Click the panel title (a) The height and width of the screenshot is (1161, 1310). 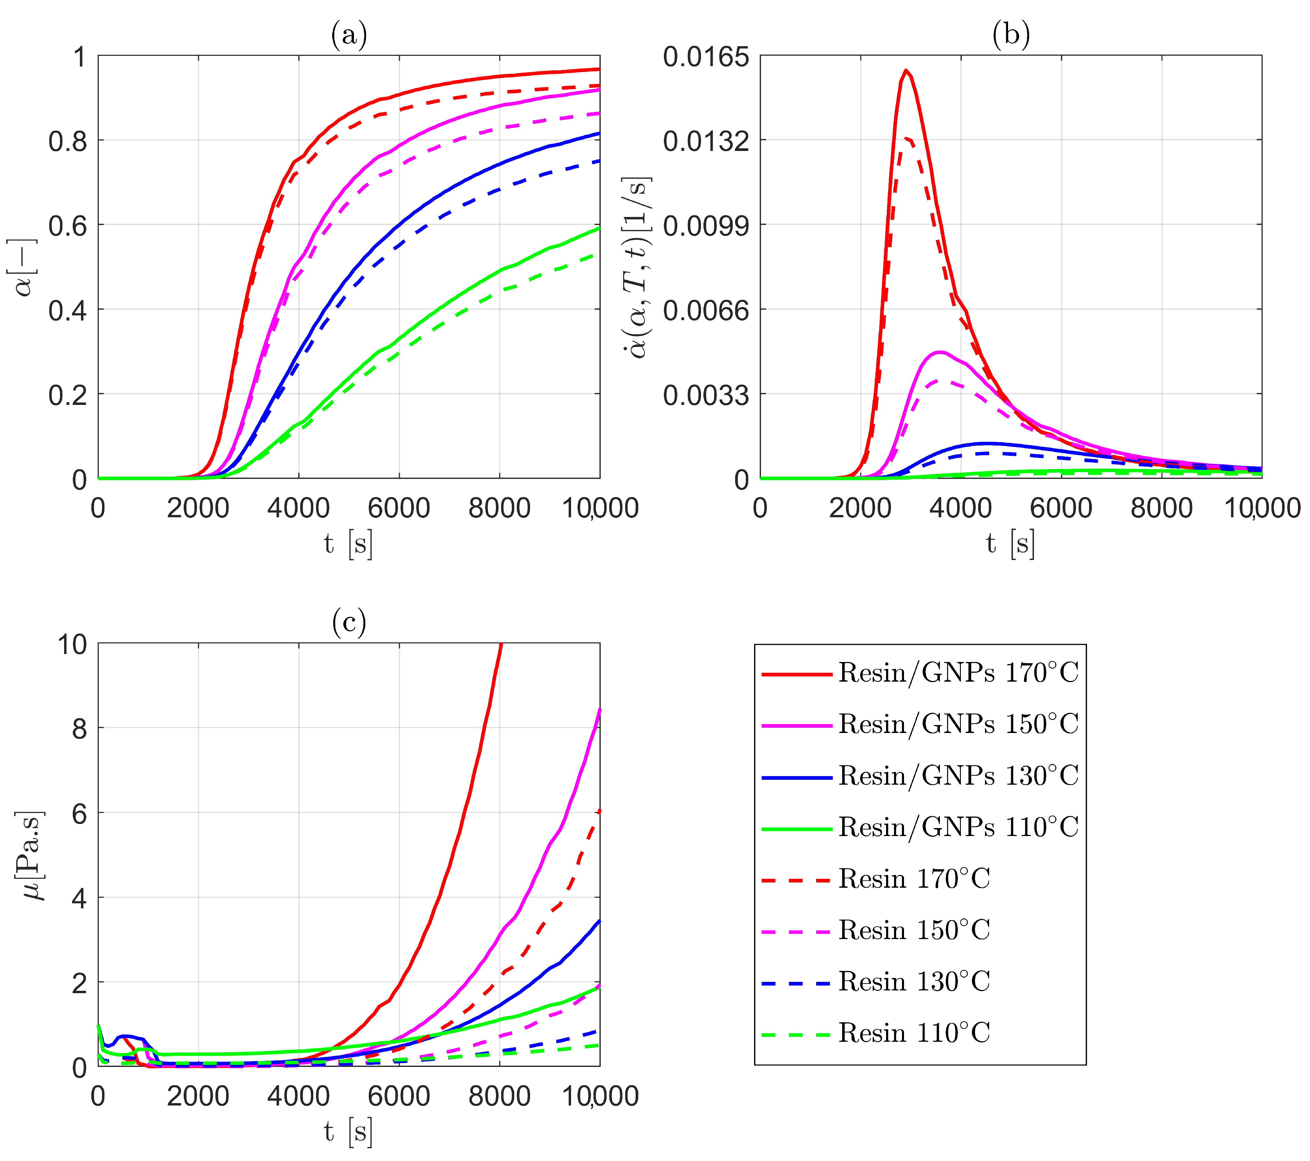coord(349,34)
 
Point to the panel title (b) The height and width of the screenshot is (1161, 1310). coord(1011,34)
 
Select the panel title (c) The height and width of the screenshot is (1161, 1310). coord(349,622)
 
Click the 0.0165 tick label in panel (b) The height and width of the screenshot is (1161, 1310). coord(705,57)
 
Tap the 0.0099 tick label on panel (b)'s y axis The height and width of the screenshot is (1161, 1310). coord(705,225)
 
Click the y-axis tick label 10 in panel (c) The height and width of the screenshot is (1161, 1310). coord(72,644)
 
